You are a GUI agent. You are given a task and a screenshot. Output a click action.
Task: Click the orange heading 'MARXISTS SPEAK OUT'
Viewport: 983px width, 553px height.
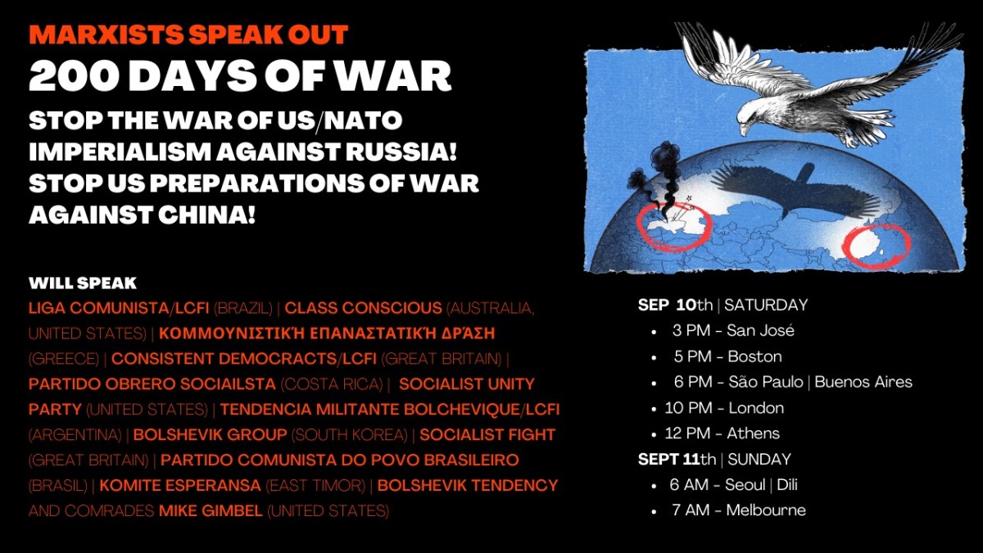click(x=188, y=34)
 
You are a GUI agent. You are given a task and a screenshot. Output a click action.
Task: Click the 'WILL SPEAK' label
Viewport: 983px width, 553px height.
click(x=83, y=283)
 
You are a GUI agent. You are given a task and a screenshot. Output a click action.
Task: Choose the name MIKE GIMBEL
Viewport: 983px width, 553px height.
click(x=211, y=511)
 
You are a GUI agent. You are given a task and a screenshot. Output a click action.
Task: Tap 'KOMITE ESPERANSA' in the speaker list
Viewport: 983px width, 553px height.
click(x=180, y=485)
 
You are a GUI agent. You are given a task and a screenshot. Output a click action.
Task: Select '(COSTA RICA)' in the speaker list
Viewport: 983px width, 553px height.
click(x=332, y=384)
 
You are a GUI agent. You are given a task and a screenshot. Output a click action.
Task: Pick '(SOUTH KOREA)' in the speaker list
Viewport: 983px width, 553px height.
click(x=350, y=435)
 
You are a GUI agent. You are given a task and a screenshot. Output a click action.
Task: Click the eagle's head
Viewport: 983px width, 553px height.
click(x=751, y=119)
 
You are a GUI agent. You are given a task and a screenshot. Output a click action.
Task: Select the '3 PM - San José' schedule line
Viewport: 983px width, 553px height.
click(x=733, y=330)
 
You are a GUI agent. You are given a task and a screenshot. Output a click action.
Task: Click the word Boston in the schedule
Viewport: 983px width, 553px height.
click(x=754, y=356)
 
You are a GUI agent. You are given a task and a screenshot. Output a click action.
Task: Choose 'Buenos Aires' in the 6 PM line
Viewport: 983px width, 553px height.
click(x=863, y=382)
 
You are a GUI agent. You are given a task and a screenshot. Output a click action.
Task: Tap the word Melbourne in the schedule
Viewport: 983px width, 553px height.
click(x=766, y=510)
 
